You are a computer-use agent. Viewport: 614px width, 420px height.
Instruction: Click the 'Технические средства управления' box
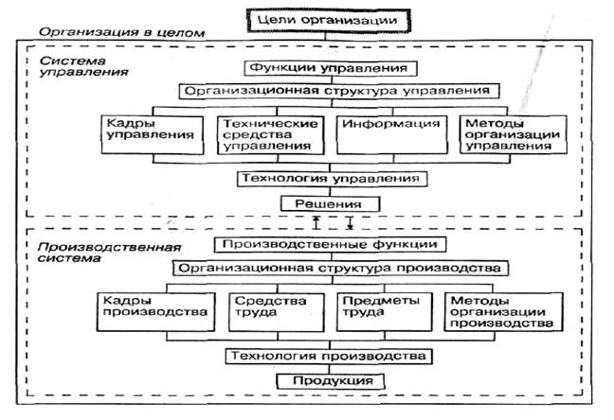[264, 134]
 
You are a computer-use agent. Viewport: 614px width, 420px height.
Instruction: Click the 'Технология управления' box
[328, 178]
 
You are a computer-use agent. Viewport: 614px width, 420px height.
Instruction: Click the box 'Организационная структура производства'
[336, 268]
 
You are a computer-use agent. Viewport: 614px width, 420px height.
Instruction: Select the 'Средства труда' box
[269, 308]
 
